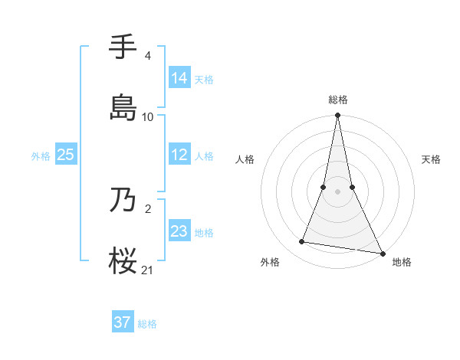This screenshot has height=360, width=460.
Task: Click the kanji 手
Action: point(124,48)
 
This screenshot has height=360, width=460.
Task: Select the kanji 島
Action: point(124,107)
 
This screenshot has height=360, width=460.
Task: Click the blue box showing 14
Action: point(179,77)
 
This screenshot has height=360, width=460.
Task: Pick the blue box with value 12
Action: point(179,155)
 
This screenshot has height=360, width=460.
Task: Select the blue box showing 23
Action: point(179,231)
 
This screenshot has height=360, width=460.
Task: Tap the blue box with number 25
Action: point(66,155)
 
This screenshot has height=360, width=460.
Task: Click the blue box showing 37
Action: point(123,322)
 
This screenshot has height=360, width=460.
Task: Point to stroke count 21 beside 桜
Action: point(148,269)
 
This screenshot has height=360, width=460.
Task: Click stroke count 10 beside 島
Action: point(148,116)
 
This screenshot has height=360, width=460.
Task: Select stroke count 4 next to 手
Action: point(147,56)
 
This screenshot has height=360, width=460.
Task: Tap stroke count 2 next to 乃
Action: point(147,208)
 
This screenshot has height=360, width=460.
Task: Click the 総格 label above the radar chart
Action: point(337,100)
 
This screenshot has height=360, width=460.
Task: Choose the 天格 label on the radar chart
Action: point(431,159)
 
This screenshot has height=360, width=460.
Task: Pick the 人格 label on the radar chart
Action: point(245,159)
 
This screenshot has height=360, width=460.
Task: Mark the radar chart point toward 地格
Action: point(381,253)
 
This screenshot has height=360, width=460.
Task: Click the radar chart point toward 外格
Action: point(302,242)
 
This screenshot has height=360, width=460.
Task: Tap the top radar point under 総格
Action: point(337,116)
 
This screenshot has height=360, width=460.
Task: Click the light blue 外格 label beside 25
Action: point(41,155)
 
